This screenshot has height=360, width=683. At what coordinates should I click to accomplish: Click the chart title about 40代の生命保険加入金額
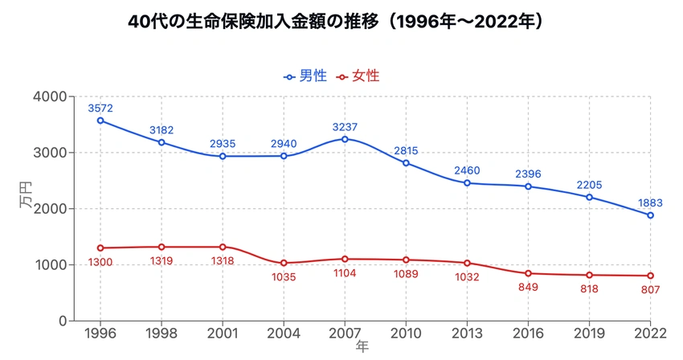pyautogui.click(x=341, y=22)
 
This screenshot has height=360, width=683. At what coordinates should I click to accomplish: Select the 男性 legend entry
pyautogui.click(x=305, y=76)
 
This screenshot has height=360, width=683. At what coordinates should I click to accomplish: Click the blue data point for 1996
pyautogui.click(x=100, y=121)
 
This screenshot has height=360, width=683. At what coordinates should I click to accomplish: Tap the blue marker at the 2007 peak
pyautogui.click(x=345, y=139)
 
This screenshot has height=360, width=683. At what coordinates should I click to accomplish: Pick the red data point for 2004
pyautogui.click(x=284, y=263)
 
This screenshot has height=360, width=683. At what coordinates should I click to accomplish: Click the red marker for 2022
pyautogui.click(x=650, y=276)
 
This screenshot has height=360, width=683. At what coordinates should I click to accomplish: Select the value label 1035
pyautogui.click(x=284, y=277)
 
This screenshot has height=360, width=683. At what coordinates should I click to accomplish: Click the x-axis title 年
pyautogui.click(x=363, y=347)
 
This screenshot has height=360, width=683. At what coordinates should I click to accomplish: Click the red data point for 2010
pyautogui.click(x=406, y=260)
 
